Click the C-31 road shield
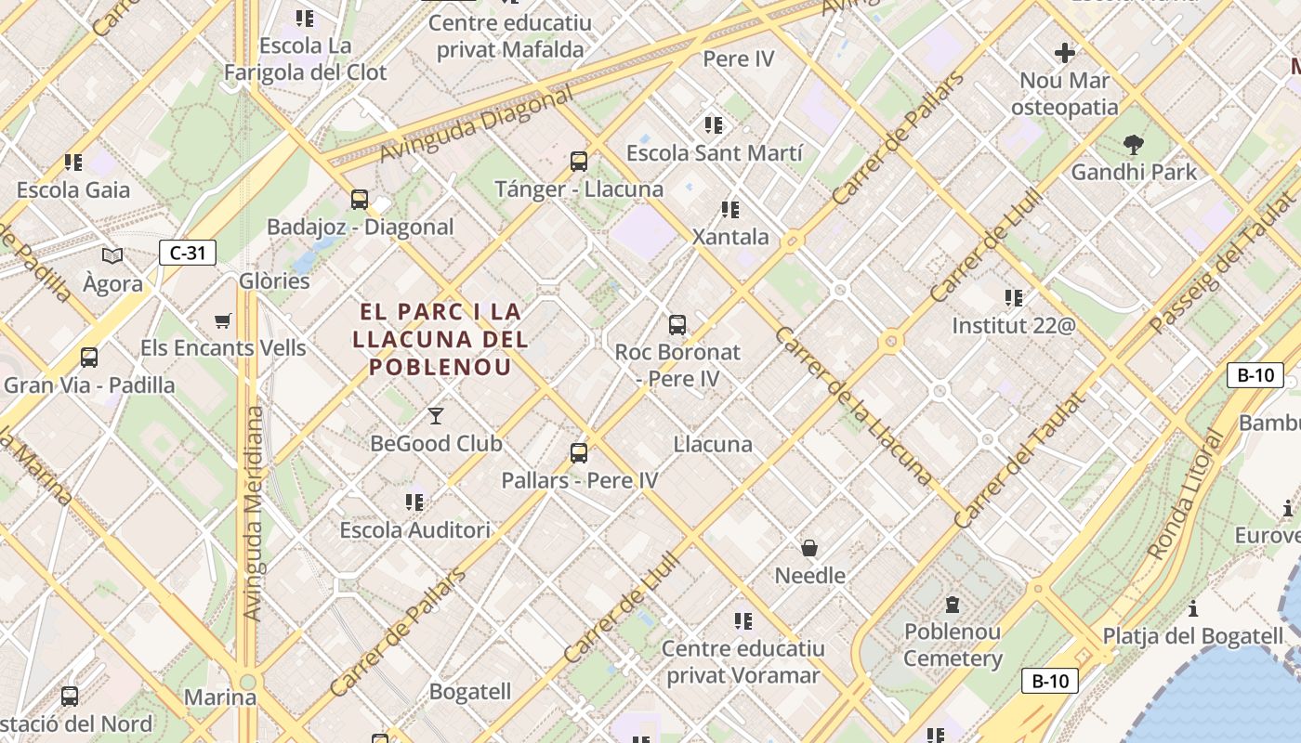point(188,253)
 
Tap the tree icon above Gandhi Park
point(1133,145)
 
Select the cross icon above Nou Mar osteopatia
point(1065,53)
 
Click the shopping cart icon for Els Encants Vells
point(222,321)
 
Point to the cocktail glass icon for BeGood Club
point(435,416)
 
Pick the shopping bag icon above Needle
point(809,548)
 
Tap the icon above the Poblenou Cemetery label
point(952,605)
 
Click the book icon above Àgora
point(112,255)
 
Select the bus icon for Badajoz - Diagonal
point(360,199)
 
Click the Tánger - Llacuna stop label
point(579,189)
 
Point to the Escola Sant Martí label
point(714,152)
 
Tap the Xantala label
point(730,237)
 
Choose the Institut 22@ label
point(1013,326)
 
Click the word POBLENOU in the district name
point(440,366)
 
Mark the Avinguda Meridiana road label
point(253,513)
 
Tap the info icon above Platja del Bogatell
point(1193,609)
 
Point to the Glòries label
point(274,280)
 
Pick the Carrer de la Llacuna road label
point(852,406)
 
